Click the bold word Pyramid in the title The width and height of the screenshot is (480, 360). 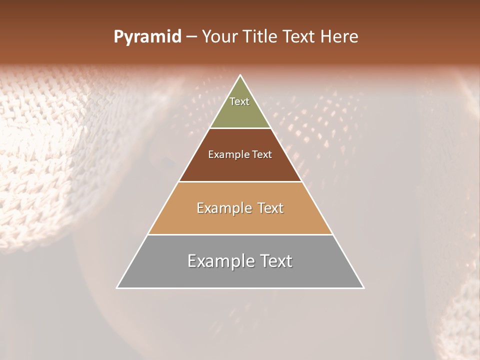click(x=147, y=37)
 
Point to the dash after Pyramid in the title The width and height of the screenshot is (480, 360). click(x=191, y=37)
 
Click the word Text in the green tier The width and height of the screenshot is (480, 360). click(x=239, y=101)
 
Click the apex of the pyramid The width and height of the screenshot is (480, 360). click(x=240, y=75)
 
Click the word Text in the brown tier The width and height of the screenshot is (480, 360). click(x=262, y=154)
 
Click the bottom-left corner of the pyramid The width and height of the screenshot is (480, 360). click(x=117, y=288)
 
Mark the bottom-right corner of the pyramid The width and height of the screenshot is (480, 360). click(x=363, y=288)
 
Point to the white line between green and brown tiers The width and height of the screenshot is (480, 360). click(x=240, y=128)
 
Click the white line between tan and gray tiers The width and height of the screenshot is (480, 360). click(x=240, y=234)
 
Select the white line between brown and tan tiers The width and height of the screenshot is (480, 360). click(x=240, y=181)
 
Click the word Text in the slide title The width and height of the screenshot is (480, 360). click(x=299, y=37)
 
